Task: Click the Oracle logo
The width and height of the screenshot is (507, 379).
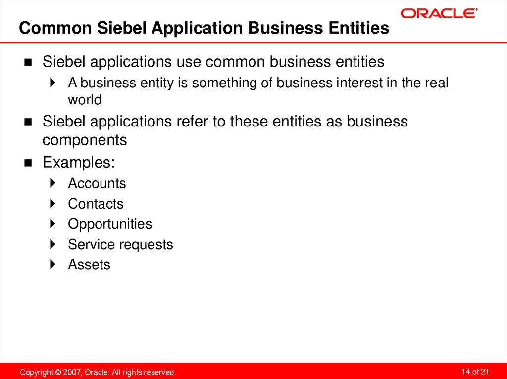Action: [x=439, y=13]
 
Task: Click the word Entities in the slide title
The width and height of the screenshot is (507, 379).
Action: [x=359, y=28]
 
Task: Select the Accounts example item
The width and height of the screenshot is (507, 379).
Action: [x=97, y=183]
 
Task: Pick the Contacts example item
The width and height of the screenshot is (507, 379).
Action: [x=96, y=204]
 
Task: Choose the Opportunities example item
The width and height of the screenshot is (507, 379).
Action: [x=110, y=224]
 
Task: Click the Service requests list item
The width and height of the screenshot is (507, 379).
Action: [x=120, y=244]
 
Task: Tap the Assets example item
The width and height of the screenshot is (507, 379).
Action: [x=89, y=264]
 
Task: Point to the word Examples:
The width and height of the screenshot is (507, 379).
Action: [x=79, y=162]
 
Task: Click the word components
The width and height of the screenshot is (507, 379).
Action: [x=85, y=140]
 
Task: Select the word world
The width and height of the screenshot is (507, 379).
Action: [x=85, y=100]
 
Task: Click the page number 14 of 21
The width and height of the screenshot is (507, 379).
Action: [x=475, y=371]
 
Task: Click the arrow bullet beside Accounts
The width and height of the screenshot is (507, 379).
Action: [x=53, y=183]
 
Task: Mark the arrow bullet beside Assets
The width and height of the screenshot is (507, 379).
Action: [x=53, y=264]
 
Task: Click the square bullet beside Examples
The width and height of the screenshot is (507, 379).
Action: [x=28, y=163]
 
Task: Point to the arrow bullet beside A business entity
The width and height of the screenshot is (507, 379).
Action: [x=53, y=83]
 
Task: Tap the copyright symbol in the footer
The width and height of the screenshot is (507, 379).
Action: [x=58, y=372]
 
